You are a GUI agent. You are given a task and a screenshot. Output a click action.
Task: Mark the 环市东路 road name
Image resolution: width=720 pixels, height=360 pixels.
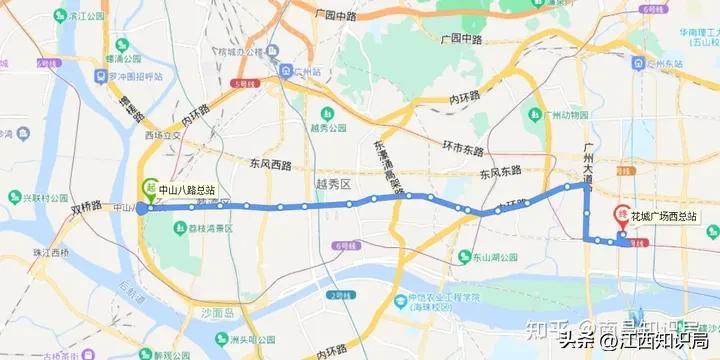(x=463, y=148)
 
